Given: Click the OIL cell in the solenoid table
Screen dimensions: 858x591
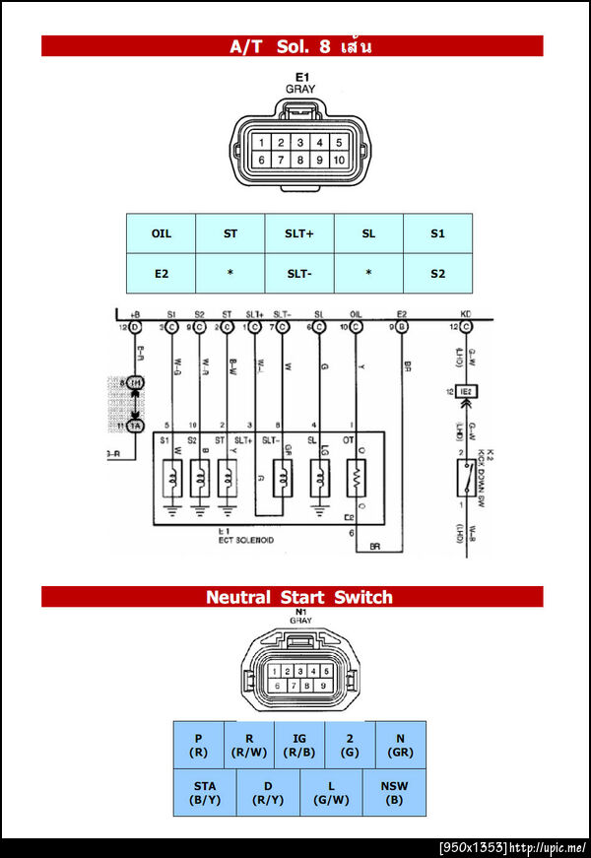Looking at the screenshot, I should [161, 233].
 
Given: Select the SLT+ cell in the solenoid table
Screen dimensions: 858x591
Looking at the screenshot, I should [299, 233].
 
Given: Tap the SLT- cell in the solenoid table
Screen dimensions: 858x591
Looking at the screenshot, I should [299, 273].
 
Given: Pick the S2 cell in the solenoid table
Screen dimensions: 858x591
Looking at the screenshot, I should [437, 273].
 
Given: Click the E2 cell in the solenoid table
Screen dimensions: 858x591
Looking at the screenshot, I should [161, 273].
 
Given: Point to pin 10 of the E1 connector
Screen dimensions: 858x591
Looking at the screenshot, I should [339, 160].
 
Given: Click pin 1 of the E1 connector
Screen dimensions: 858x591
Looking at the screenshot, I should [262, 142].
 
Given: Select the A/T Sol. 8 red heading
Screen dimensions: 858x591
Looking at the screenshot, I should [292, 46].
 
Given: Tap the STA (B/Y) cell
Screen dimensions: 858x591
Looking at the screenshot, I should [205, 792].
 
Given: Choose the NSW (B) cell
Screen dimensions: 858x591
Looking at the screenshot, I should [394, 792].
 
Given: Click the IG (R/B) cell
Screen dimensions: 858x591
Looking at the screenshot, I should [299, 745].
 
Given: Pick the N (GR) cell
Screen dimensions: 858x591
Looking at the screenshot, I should [401, 745].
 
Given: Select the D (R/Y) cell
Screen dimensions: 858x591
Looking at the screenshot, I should [268, 792].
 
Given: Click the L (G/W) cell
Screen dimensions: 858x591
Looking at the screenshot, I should [332, 792].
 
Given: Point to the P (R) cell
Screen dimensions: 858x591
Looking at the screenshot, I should [198, 745].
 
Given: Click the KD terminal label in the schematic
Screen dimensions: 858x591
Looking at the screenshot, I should [466, 314].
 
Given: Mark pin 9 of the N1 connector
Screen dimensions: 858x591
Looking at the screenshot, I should [323, 685].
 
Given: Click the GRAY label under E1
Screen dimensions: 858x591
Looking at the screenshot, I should [300, 89].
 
